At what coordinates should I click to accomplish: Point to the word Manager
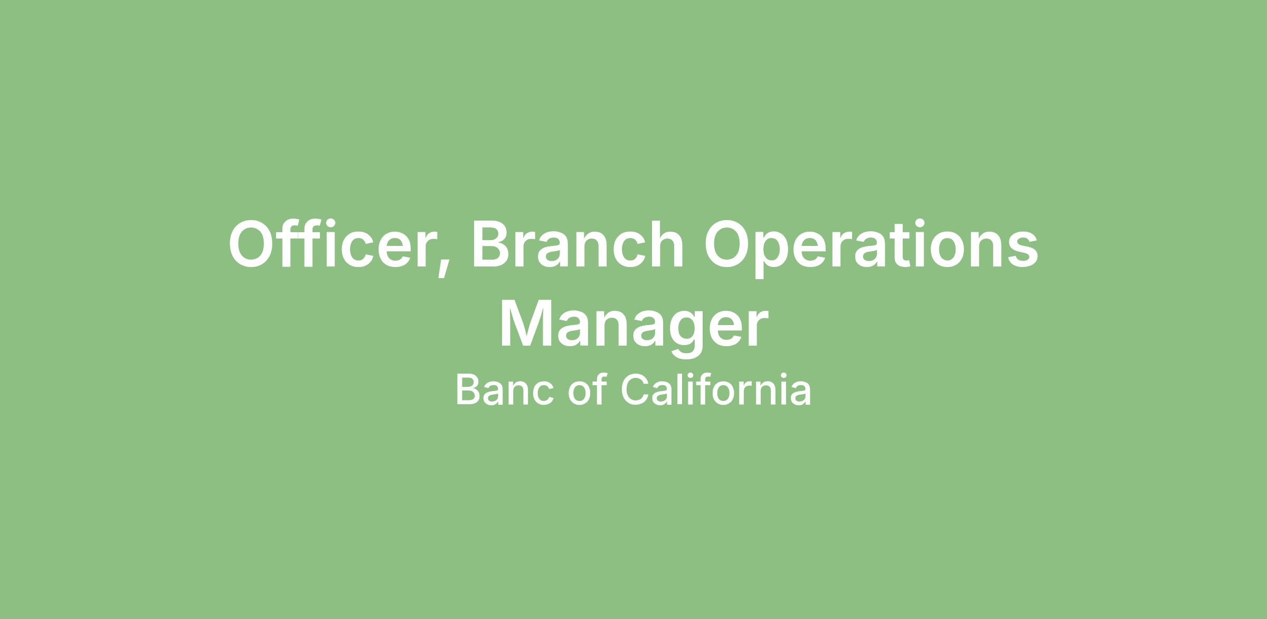coord(633,325)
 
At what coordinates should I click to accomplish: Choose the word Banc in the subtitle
coord(505,390)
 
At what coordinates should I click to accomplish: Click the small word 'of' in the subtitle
coord(587,389)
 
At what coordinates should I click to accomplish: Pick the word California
coord(715,389)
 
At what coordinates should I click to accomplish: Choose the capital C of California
coord(634,390)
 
